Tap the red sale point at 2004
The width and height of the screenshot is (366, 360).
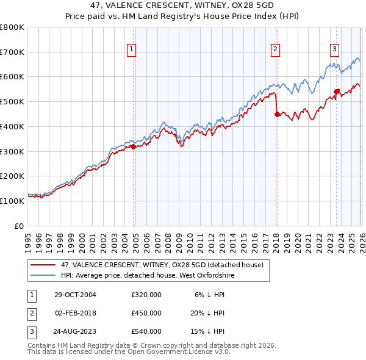pos(133,146)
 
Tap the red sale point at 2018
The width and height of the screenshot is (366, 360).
pos(277,113)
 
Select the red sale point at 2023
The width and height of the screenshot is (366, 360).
pos(336,92)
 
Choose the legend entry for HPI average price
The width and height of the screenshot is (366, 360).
pos(147,275)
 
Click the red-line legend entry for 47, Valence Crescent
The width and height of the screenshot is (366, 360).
pos(162,265)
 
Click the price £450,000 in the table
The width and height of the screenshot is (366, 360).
pos(146,313)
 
